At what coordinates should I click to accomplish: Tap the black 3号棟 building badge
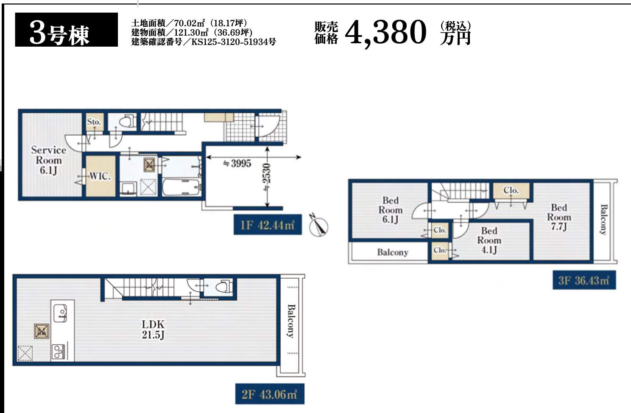(x=67, y=30)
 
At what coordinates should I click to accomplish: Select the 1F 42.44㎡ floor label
(x=268, y=225)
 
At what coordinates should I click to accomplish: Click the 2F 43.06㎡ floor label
(x=270, y=394)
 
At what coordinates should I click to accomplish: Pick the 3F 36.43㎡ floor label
(x=584, y=280)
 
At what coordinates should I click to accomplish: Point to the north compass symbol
(x=318, y=226)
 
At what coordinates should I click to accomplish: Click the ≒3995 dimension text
(x=237, y=163)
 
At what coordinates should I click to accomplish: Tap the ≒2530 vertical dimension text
(x=267, y=178)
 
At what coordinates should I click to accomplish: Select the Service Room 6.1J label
(x=48, y=160)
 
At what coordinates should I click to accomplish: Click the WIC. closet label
(x=100, y=176)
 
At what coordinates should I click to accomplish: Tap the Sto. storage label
(x=94, y=122)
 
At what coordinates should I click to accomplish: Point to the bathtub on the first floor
(x=181, y=187)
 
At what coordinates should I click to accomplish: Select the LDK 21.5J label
(x=153, y=329)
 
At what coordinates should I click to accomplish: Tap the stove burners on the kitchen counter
(x=59, y=352)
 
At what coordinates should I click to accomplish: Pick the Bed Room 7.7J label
(x=559, y=217)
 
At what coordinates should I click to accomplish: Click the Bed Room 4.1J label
(x=489, y=240)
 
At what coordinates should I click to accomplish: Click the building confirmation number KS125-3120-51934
(x=234, y=42)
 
